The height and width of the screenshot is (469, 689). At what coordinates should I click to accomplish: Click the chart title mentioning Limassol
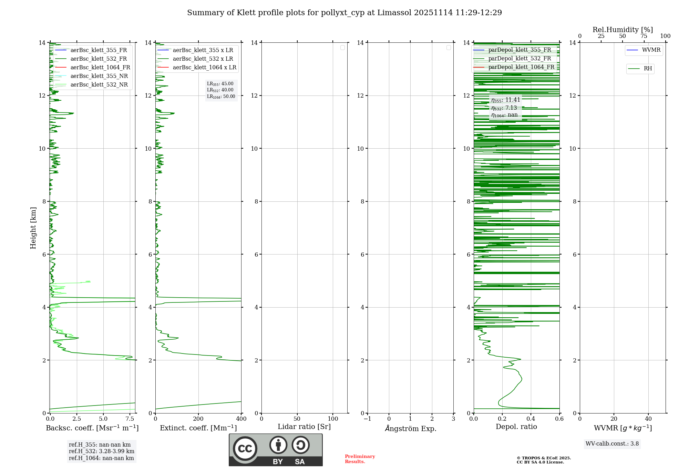344,13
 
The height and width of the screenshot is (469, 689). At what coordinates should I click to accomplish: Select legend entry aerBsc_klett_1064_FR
100,67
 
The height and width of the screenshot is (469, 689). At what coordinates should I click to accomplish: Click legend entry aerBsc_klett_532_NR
99,84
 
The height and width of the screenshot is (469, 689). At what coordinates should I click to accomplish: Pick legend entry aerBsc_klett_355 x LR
203,50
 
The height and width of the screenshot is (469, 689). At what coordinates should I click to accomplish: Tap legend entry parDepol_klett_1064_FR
521,67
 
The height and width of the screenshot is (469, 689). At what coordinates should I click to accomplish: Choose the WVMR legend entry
651,50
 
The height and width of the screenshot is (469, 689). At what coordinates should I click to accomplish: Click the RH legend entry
647,69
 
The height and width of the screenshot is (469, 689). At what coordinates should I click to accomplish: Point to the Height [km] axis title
33,228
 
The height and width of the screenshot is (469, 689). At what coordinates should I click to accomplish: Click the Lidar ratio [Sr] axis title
304,427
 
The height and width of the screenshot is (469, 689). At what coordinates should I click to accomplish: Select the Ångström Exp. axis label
410,428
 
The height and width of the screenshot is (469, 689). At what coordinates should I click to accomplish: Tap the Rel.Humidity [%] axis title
623,30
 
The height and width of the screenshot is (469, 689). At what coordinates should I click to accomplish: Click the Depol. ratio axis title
516,427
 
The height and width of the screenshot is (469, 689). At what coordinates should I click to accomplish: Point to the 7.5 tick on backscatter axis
130,419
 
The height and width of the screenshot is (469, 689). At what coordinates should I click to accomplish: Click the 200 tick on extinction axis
198,419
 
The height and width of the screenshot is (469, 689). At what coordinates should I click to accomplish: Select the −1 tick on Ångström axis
367,419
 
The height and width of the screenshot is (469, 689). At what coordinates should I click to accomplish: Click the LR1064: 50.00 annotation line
221,97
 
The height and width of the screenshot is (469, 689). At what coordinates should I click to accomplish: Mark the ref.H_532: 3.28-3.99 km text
101,451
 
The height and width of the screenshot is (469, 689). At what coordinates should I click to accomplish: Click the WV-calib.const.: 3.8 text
612,443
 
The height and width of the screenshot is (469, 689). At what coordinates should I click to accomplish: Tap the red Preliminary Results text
360,459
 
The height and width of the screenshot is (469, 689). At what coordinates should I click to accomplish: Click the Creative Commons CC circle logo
245,449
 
